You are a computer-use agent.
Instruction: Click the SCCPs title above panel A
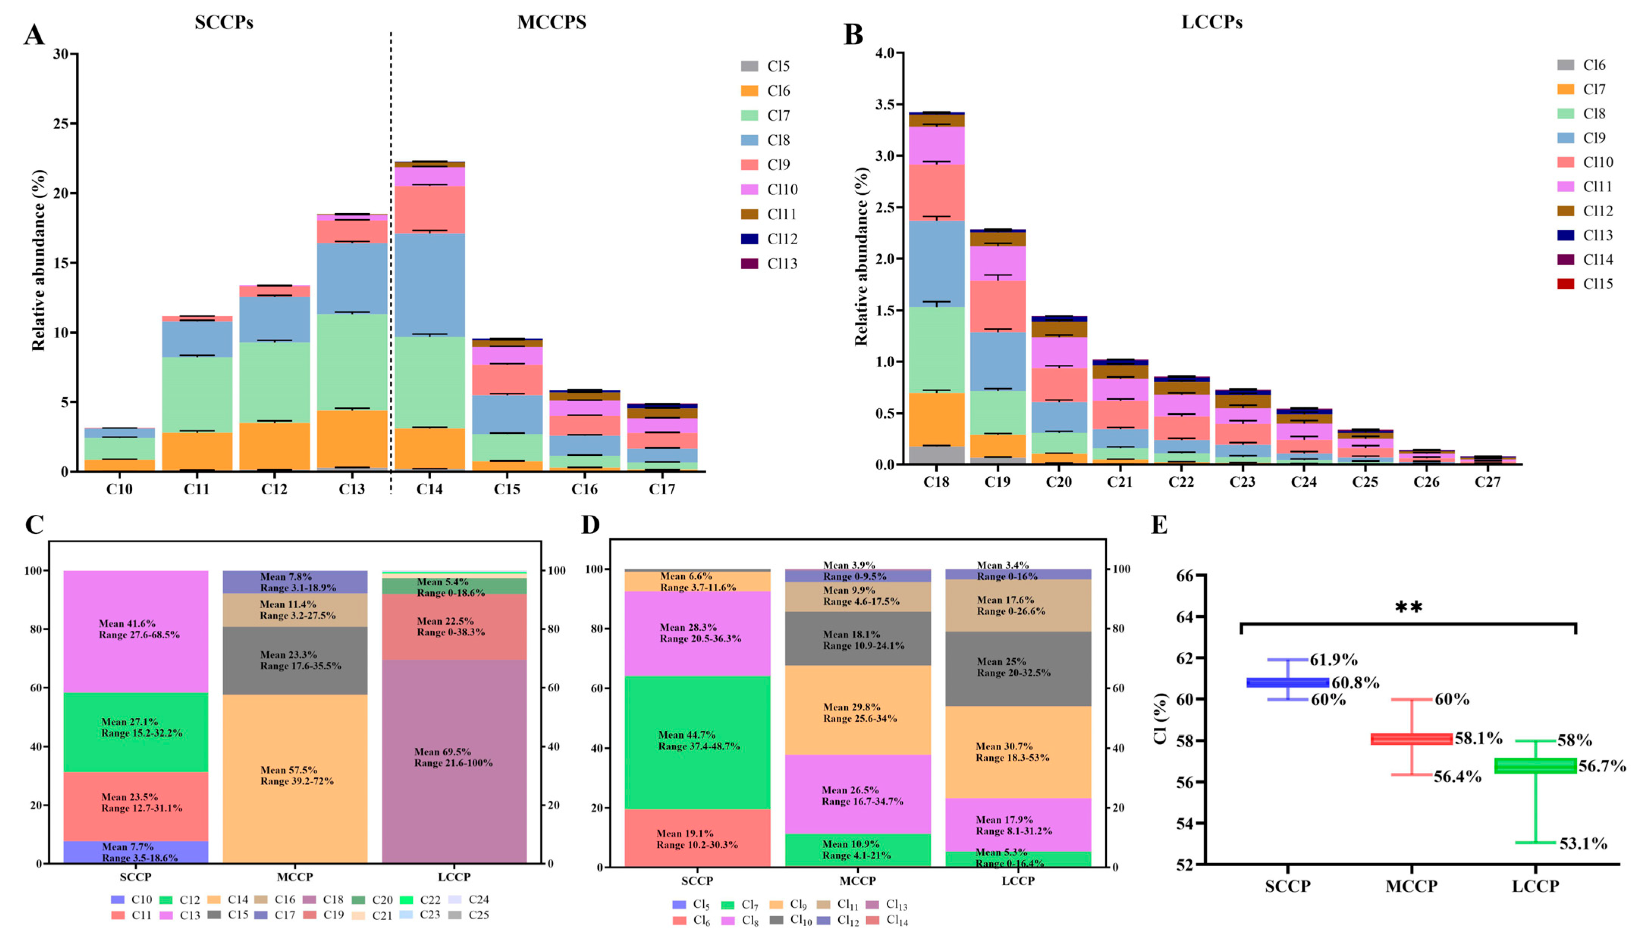[224, 22]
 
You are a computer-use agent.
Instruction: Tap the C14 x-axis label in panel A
[429, 489]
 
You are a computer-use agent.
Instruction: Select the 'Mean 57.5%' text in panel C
[289, 770]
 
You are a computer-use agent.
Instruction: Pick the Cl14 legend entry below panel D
[888, 920]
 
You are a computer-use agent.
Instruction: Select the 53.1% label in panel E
[1583, 844]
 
